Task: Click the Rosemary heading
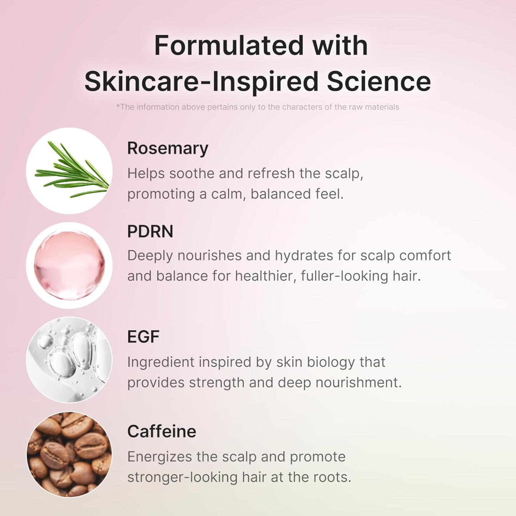[x=167, y=148]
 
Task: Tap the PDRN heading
[x=150, y=231]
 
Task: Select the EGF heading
[x=143, y=336]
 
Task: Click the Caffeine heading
[x=161, y=431]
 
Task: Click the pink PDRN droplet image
[x=69, y=265]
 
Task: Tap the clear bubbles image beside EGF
[x=69, y=360]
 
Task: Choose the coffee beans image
[x=69, y=454]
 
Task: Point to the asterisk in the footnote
[x=118, y=106]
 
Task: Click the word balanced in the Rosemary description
[x=280, y=194]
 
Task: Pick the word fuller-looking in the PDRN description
[x=342, y=276]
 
